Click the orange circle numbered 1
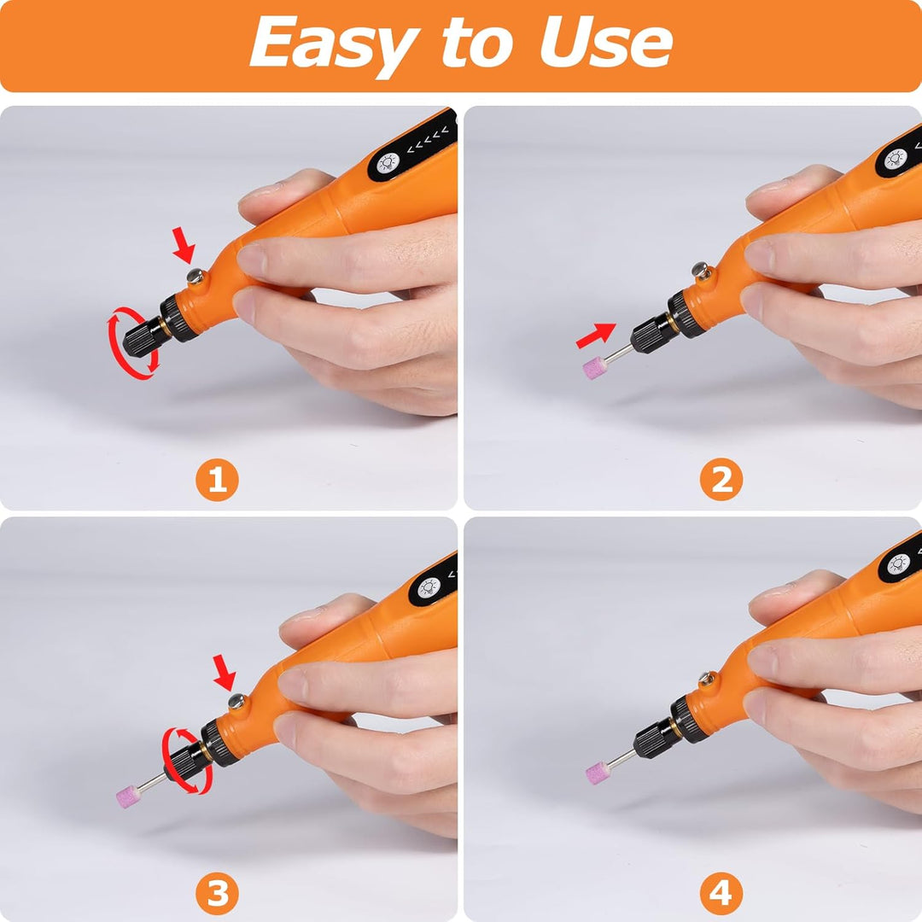[217, 480]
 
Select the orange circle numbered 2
[721, 480]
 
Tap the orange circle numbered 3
[217, 894]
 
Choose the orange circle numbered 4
[721, 894]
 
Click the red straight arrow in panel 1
[184, 246]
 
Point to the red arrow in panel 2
[596, 336]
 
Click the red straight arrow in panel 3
[224, 673]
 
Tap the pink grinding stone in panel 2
[595, 367]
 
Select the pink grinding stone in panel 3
[129, 797]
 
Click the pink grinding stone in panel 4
[598, 773]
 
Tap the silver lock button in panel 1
[195, 276]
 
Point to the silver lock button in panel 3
[237, 701]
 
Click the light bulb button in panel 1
[388, 163]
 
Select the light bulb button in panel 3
[429, 587]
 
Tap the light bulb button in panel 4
[898, 564]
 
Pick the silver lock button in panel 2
[700, 270]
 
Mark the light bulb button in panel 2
[896, 158]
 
